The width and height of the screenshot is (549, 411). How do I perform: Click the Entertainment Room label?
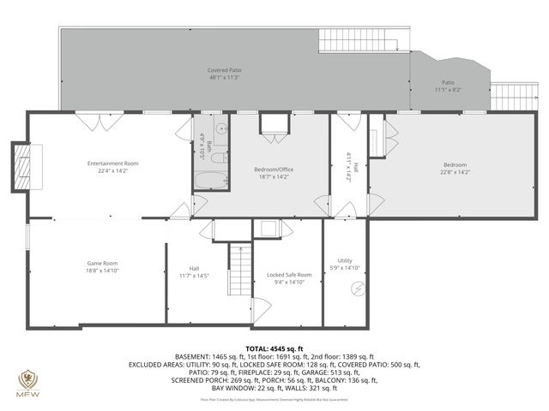coord(112,163)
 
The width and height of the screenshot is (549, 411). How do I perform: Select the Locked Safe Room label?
coord(288,274)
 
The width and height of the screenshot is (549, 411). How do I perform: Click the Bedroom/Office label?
coord(274,170)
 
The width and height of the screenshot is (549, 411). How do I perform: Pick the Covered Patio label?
coord(223,70)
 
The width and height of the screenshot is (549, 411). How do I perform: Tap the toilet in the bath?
coord(219,156)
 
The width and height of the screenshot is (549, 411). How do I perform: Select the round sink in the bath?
coord(220,129)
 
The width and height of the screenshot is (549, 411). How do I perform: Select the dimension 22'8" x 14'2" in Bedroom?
coord(455,172)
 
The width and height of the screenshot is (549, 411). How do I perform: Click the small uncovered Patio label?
coord(448,82)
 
